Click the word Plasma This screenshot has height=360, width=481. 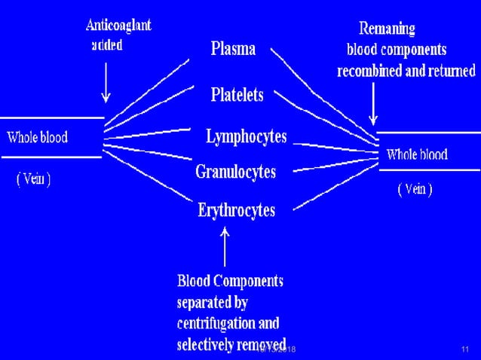[x=232, y=50]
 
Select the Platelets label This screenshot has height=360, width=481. [x=237, y=96]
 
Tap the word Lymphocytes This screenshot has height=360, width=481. [x=247, y=137]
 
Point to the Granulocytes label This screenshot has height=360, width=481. [x=235, y=172]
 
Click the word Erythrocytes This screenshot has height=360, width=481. [x=236, y=209]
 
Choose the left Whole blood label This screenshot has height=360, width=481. [x=37, y=138]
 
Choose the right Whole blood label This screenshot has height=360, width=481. [x=417, y=155]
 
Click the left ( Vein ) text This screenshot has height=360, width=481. [x=33, y=182]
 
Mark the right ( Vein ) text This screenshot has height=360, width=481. [x=415, y=190]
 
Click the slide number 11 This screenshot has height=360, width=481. [x=464, y=350]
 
